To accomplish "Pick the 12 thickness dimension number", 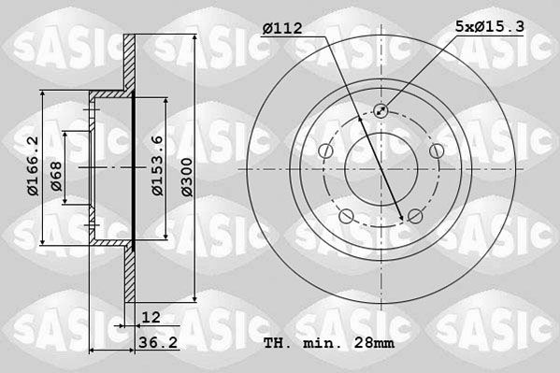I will pyautogui.click(x=150, y=318).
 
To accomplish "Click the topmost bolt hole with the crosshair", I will pyautogui.click(x=381, y=111).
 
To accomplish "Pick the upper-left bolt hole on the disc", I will pyautogui.click(x=326, y=151).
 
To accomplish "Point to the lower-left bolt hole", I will pyautogui.click(x=347, y=217).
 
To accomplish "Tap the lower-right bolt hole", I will pyautogui.click(x=415, y=217).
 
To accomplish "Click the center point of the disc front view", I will pyautogui.click(x=381, y=169).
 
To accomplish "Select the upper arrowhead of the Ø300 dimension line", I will pyautogui.click(x=193, y=35).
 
